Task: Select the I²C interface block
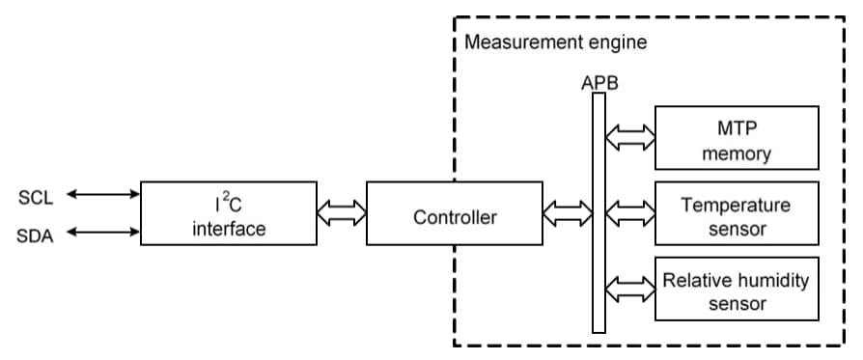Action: point(228,213)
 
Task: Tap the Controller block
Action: point(455,217)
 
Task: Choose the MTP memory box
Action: point(737,140)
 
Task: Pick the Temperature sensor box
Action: point(737,216)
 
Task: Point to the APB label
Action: point(599,83)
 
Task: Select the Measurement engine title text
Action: point(556,42)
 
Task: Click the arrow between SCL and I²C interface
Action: point(102,195)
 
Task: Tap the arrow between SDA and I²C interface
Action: point(102,233)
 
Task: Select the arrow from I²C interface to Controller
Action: point(342,212)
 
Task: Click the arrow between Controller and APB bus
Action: point(568,212)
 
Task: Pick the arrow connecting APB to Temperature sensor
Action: point(630,208)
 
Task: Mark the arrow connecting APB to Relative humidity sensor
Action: point(630,286)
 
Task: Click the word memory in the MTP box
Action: point(737,153)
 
